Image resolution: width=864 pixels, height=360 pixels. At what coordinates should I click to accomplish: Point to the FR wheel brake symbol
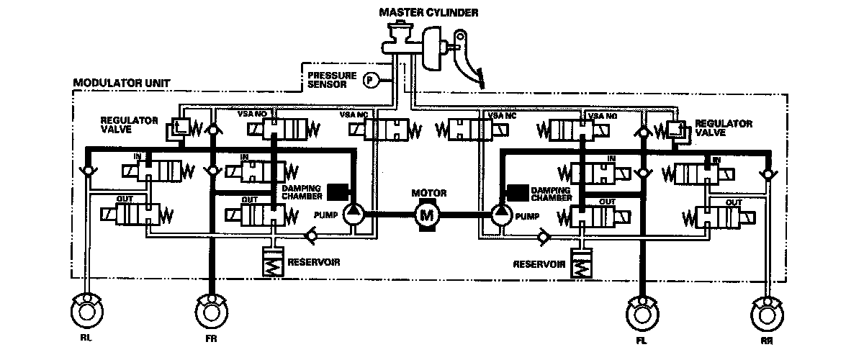(x=212, y=315)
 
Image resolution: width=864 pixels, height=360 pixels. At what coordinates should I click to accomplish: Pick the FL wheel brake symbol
(x=640, y=315)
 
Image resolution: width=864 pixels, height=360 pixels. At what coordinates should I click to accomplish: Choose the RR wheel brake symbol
(x=765, y=315)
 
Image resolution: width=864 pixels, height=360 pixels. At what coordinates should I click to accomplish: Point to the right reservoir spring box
(x=580, y=264)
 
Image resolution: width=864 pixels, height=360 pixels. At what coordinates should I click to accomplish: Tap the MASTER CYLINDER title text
(x=429, y=12)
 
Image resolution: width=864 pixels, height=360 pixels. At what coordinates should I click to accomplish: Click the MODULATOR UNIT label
(x=121, y=84)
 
